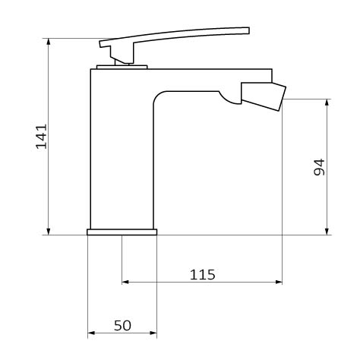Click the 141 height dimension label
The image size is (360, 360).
tap(41, 136)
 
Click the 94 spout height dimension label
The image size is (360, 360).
tap(319, 167)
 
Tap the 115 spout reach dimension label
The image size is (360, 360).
tap(202, 275)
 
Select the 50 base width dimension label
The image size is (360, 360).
tap(122, 325)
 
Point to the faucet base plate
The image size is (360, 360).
tap(122, 232)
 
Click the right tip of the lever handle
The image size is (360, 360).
tap(249, 30)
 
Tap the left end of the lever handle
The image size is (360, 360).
tap(101, 43)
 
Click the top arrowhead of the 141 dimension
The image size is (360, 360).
tap(49, 42)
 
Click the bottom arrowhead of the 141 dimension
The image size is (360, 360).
tap(49, 232)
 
